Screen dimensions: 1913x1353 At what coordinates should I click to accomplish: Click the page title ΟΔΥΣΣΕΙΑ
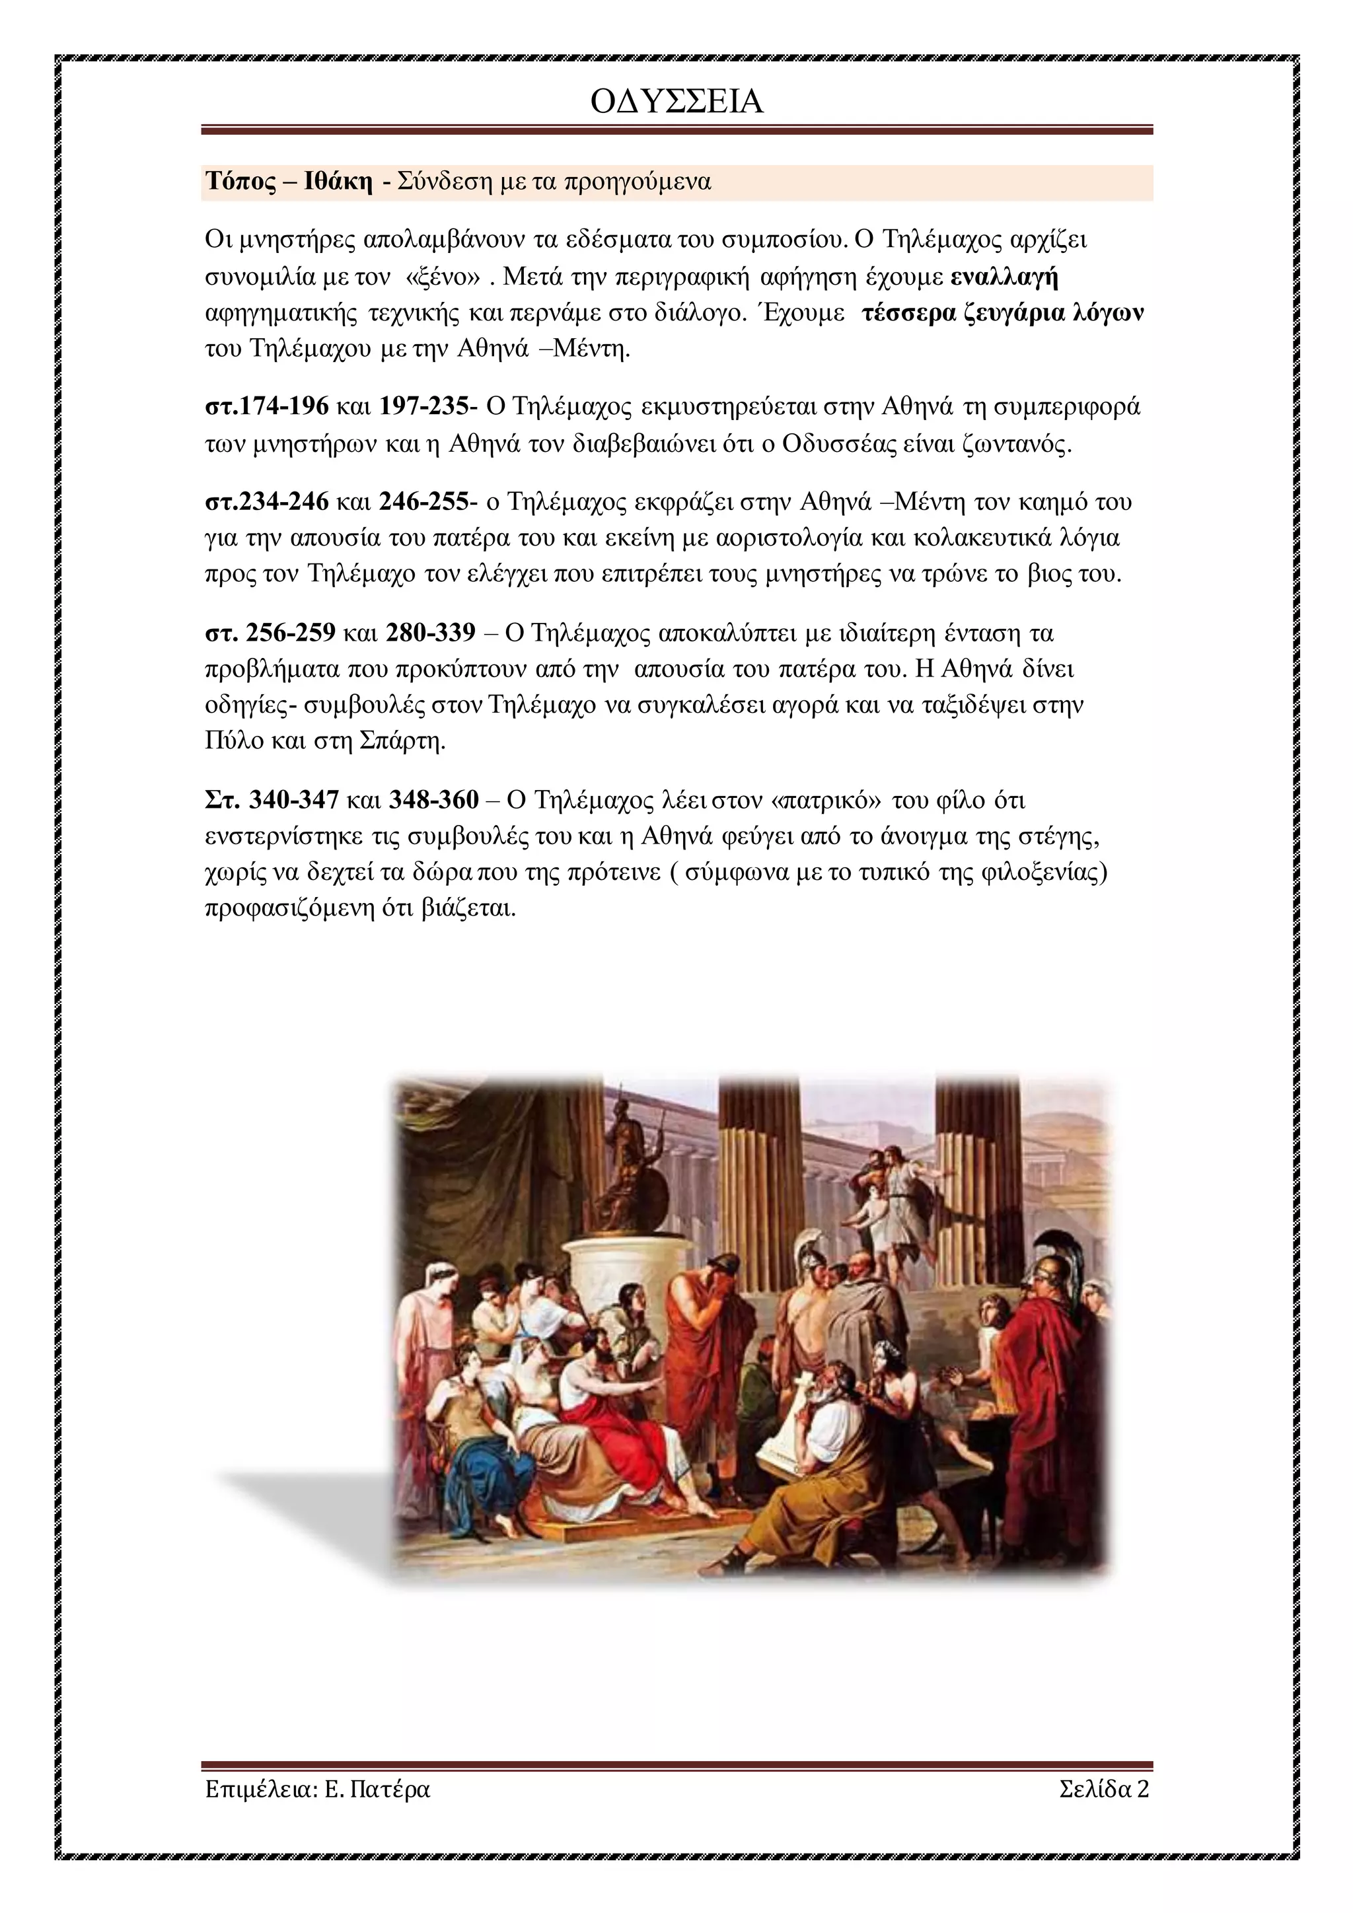click(x=676, y=102)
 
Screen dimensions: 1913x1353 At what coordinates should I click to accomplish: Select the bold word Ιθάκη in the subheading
click(x=338, y=182)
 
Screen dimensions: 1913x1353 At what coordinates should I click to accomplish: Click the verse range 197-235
click(x=423, y=407)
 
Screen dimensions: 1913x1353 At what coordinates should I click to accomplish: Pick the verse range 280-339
click(x=430, y=633)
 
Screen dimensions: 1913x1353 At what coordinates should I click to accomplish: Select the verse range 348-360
click(x=433, y=801)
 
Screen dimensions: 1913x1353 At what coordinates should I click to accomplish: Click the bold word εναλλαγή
click(x=1005, y=277)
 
